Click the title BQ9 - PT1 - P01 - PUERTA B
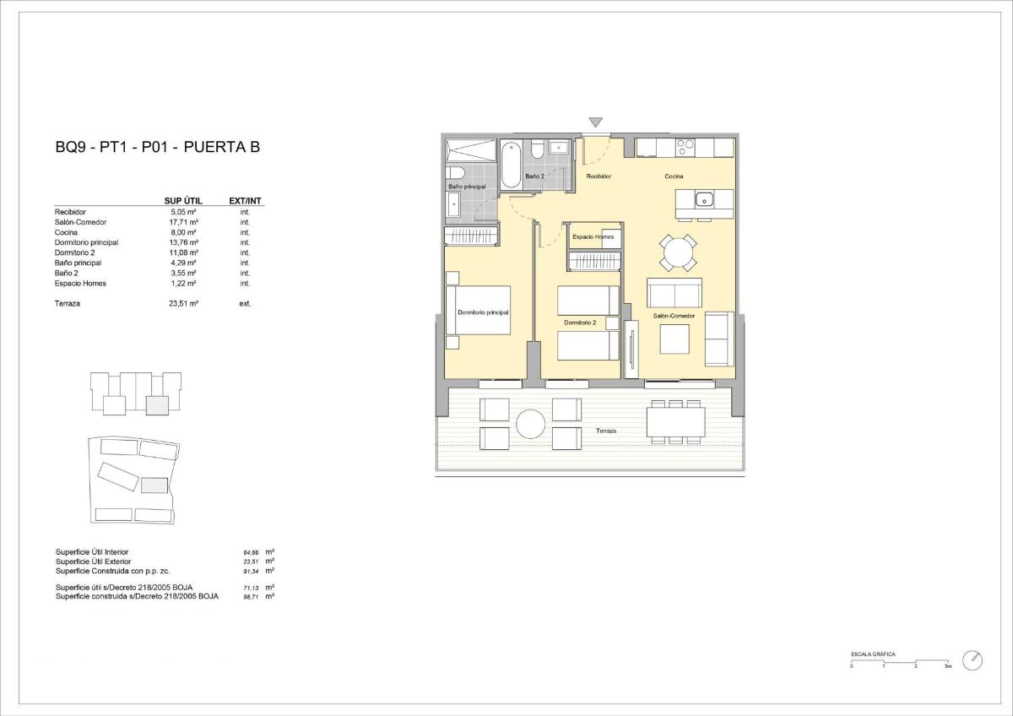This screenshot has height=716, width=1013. (157, 147)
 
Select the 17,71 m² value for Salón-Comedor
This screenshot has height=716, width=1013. (183, 222)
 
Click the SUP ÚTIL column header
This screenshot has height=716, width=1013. (183, 201)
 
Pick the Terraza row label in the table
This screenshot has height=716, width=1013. (68, 303)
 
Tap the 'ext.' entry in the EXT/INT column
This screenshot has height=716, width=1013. (245, 303)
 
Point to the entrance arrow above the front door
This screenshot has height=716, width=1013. (597, 123)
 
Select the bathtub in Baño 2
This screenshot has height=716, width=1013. (512, 165)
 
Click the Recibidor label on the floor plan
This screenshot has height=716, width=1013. (599, 176)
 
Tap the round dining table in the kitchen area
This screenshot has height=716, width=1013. (679, 252)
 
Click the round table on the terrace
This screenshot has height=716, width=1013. (531, 424)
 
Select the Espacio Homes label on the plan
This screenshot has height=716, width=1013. (593, 237)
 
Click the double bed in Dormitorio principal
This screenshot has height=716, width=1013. (483, 310)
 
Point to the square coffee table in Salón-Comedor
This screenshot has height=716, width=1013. (674, 339)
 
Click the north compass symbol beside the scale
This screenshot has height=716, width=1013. (972, 659)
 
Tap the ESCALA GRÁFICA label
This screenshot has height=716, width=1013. (873, 654)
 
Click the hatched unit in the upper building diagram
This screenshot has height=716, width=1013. (156, 404)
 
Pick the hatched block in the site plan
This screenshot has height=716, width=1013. (154, 486)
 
